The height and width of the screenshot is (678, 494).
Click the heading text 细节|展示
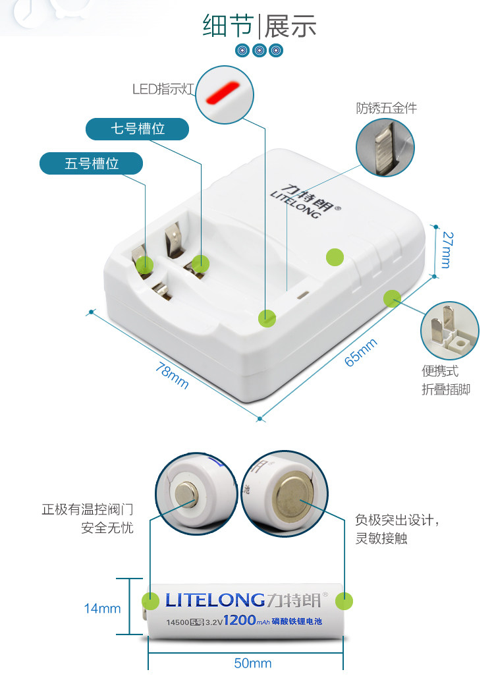coord(260,26)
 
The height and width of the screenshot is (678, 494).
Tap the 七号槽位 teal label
coord(137,129)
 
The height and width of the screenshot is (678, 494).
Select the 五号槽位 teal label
coord(92,163)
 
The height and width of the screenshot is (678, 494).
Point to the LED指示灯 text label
coord(163,88)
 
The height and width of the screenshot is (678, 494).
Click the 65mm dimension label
coord(361,352)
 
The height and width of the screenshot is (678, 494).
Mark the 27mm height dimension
coord(445,250)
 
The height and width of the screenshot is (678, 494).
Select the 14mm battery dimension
coord(102,608)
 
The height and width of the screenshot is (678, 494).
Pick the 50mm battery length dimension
coord(253,663)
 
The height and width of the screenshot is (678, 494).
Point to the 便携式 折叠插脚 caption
coord(446,380)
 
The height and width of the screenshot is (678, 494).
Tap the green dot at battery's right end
coord(344,601)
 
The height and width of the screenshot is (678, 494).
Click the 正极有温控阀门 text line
coord(87,510)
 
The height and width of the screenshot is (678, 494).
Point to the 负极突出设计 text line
coord(397,521)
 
